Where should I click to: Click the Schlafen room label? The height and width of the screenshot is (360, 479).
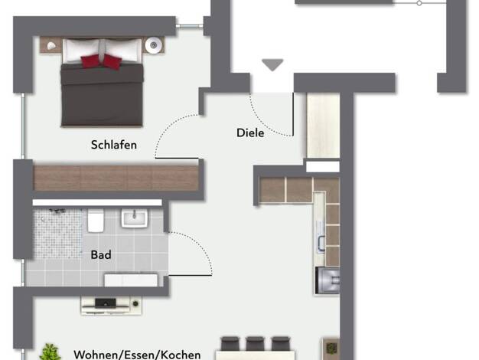click(x=114, y=145)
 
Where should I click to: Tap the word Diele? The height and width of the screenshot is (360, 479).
click(x=250, y=133)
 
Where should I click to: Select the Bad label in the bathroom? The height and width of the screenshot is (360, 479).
click(x=101, y=254)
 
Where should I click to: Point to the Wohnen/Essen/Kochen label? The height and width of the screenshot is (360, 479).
click(x=137, y=355)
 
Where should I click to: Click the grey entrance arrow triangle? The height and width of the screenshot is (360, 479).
click(x=272, y=64)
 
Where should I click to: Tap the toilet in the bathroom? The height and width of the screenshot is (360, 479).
click(x=96, y=221)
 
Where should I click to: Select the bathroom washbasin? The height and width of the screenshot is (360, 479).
click(x=135, y=218)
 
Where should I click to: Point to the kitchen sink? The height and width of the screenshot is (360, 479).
click(x=321, y=237)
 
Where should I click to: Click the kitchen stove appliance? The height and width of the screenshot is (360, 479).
click(x=327, y=280)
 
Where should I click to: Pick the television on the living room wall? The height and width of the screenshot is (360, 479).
click(x=106, y=303)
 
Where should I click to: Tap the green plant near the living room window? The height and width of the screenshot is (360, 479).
click(x=51, y=352)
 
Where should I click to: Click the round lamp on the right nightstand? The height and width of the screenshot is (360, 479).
click(x=153, y=45)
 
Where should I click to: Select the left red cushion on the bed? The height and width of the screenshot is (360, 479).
click(x=91, y=61)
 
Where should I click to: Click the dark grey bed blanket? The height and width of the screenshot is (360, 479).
click(x=102, y=95)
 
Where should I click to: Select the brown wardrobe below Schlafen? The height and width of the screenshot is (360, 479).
click(x=116, y=178)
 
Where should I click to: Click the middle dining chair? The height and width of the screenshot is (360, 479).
click(x=255, y=343)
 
